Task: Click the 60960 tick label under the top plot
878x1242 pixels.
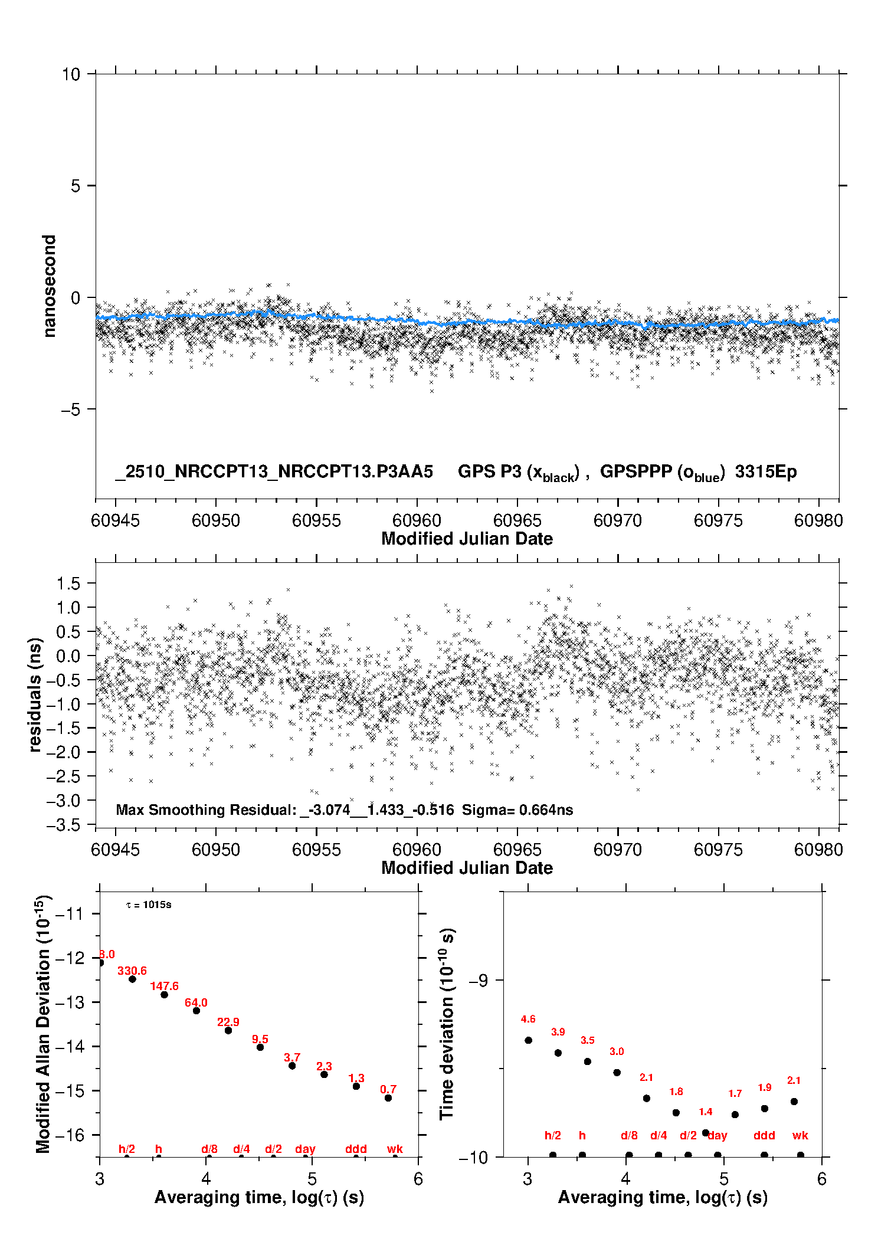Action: coord(417,520)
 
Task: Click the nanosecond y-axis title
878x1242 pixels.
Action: coord(49,286)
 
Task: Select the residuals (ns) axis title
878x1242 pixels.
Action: coord(35,694)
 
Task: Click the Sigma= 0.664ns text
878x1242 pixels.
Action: coord(517,810)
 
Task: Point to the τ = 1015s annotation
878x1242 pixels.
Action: coord(149,905)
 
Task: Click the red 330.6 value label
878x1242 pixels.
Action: coord(132,971)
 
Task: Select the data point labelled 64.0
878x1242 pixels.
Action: coord(196,1011)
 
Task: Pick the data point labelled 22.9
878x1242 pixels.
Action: coord(228,1030)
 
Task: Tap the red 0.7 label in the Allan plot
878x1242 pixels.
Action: coord(388,1089)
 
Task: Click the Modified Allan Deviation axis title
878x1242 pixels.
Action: coord(43,1024)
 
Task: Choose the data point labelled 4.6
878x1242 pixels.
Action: coord(528,1040)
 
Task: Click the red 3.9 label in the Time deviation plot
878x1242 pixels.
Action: coord(558,1032)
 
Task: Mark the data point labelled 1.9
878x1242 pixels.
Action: coord(764,1109)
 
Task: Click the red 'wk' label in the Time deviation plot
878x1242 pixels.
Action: coord(800,1136)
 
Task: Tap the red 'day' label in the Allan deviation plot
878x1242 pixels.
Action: coord(305,1149)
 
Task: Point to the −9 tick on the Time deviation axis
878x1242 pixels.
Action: coord(478,981)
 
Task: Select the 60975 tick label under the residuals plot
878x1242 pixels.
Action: coord(718,850)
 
